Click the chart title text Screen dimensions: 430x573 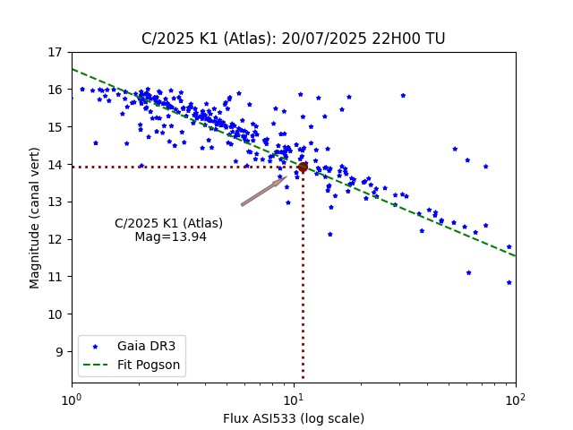pyautogui.click(x=293, y=39)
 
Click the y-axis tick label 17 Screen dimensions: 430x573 pyautogui.click(x=55, y=52)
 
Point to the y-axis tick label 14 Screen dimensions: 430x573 pyautogui.click(x=55, y=165)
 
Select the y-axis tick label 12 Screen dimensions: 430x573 pyautogui.click(x=55, y=239)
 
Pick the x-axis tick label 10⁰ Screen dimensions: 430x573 pyautogui.click(x=72, y=399)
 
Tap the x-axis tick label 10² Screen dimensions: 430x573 pyautogui.click(x=516, y=399)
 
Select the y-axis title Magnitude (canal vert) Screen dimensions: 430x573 pyautogui.click(x=35, y=216)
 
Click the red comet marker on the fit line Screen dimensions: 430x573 pyautogui.click(x=303, y=167)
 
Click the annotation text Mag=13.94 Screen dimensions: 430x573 pyautogui.click(x=170, y=237)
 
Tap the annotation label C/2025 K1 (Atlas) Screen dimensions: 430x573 pyautogui.click(x=168, y=223)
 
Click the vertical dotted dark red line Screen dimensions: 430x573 pyautogui.click(x=303, y=287)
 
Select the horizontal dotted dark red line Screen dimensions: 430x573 pyautogui.click(x=179, y=167)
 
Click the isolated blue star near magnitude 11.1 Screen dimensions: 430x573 pyautogui.click(x=468, y=273)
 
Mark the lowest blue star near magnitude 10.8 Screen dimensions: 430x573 pyautogui.click(x=509, y=282)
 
